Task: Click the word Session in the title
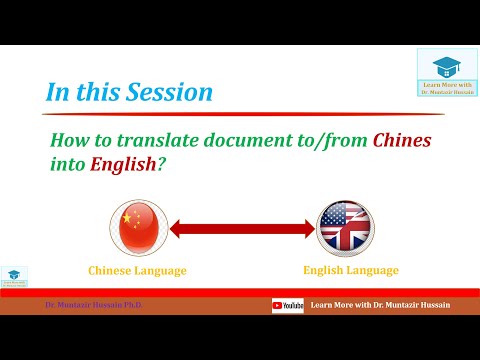169,92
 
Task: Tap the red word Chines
401,141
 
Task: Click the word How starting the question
69,141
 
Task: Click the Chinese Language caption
137,271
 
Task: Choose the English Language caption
350,271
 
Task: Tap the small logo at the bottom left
14,276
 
